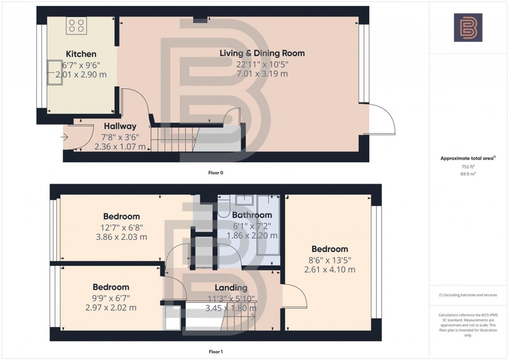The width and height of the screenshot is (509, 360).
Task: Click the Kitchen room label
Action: click(81, 54)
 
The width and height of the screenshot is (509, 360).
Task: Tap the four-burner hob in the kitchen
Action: click(76, 25)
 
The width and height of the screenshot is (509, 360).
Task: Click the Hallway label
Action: click(120, 127)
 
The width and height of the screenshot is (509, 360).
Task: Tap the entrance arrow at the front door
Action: click(65, 137)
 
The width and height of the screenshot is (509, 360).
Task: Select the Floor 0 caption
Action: click(216, 173)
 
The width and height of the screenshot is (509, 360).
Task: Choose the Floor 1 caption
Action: click(216, 352)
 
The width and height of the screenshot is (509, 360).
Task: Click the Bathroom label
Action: click(252, 215)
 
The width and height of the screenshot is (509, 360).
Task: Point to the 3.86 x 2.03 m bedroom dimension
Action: click(121, 237)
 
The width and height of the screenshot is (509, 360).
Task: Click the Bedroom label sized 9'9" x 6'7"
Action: click(111, 287)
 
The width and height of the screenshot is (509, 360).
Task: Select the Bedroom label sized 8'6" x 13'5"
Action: click(329, 249)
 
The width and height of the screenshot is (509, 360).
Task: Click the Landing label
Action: click(231, 288)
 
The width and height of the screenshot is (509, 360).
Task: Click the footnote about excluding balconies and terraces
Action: click(468, 295)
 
